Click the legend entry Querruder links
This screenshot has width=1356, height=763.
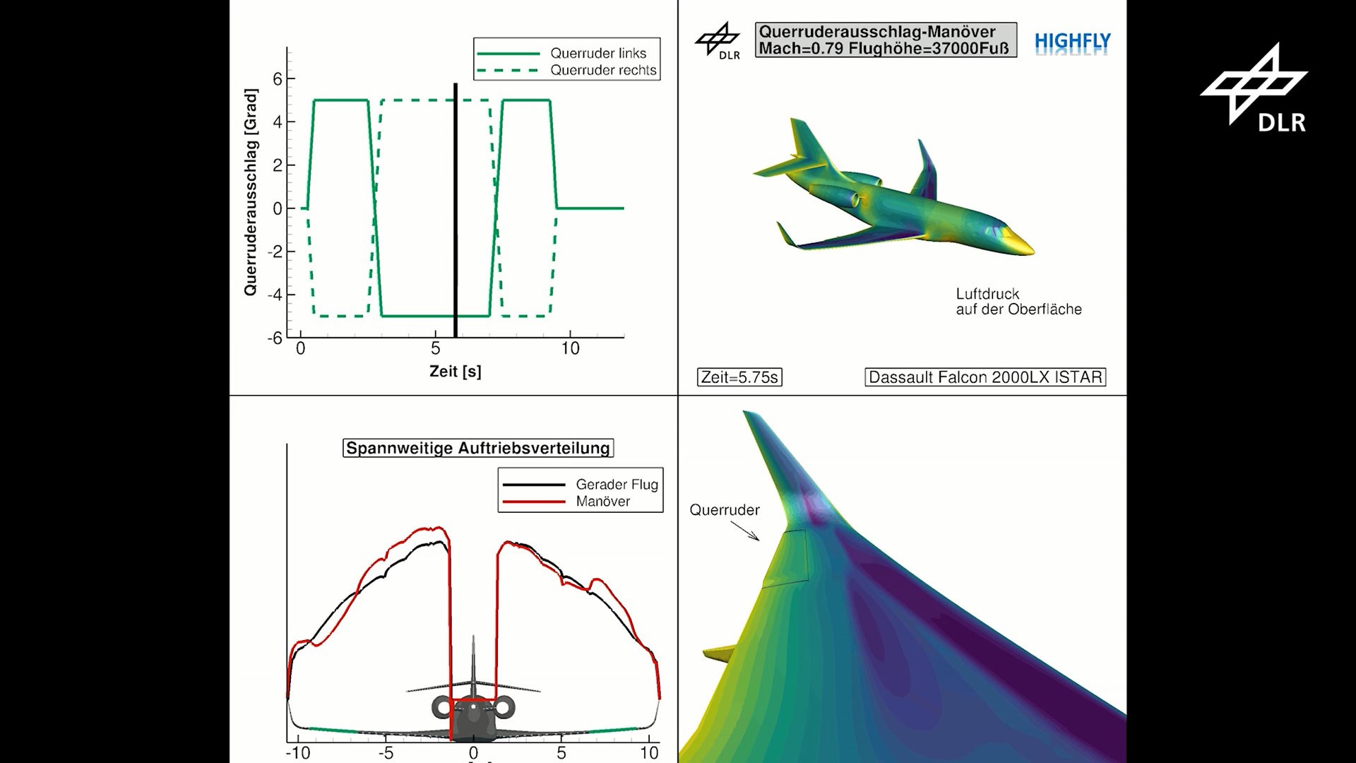pyautogui.click(x=597, y=53)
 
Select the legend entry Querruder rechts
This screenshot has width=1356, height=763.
pyautogui.click(x=602, y=70)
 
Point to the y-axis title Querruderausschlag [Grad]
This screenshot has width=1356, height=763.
pyautogui.click(x=251, y=192)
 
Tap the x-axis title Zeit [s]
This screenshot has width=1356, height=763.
pyautogui.click(x=456, y=371)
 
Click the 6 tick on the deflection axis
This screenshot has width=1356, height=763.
pyautogui.click(x=278, y=78)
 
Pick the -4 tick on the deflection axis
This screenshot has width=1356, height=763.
pyautogui.click(x=275, y=295)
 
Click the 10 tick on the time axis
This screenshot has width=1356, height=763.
pyautogui.click(x=570, y=348)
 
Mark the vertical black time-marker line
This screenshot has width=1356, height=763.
pyautogui.click(x=456, y=212)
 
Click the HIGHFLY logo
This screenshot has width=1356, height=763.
pyautogui.click(x=1072, y=42)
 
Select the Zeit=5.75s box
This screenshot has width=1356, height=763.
pyautogui.click(x=739, y=377)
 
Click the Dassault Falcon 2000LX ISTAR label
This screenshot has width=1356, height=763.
pyautogui.click(x=985, y=377)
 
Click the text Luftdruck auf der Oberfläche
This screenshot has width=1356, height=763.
pyautogui.click(x=1018, y=302)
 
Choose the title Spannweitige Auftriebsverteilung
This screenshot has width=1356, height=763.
pyautogui.click(x=478, y=448)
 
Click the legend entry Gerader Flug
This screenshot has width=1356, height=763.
pyautogui.click(x=616, y=484)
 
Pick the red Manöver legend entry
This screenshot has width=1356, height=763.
pyautogui.click(x=602, y=502)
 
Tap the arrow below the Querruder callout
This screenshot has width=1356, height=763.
pyautogui.click(x=746, y=531)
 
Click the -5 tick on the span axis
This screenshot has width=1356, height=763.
pyautogui.click(x=386, y=753)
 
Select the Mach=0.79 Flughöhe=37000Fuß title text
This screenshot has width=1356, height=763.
pyautogui.click(x=884, y=48)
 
